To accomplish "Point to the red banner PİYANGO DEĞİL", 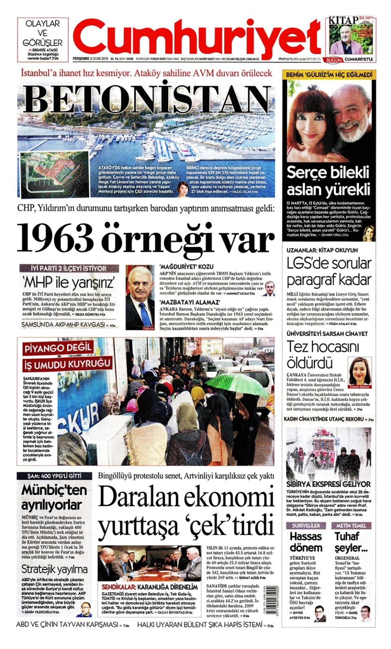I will [58, 348].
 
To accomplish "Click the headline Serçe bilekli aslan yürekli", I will [328, 181].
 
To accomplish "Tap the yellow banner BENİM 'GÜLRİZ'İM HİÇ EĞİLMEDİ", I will [329, 75].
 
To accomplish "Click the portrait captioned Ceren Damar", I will [360, 371].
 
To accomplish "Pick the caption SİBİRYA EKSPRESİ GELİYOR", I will [328, 484].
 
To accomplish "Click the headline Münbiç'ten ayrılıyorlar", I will [53, 497].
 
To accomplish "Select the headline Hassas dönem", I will [306, 542].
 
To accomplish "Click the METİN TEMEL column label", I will [351, 525].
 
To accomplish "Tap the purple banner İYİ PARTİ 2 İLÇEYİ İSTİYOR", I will [69, 268].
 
